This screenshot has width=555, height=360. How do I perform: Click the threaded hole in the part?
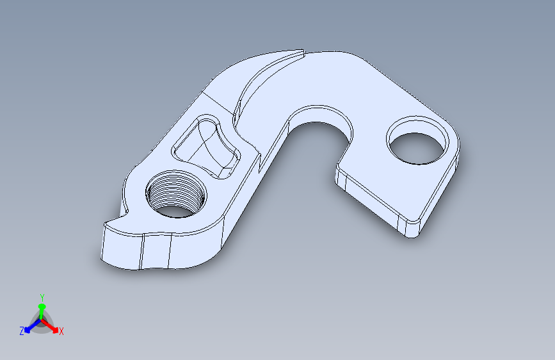click(176, 194)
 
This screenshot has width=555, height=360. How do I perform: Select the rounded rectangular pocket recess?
click(206, 146)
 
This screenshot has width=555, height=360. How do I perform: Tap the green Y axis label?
click(42, 297)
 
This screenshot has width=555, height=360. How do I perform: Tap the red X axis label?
click(61, 331)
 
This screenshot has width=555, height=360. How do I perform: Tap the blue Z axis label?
click(22, 331)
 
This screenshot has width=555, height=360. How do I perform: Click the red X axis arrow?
click(50, 326)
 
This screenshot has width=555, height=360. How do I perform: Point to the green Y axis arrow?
click(42, 311)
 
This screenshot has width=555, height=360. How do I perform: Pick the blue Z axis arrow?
click(33, 326)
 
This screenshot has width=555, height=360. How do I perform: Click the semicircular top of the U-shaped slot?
click(320, 113)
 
